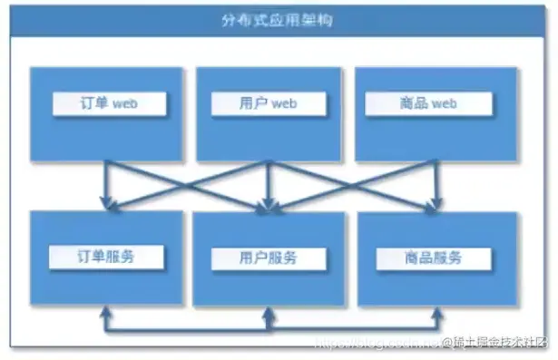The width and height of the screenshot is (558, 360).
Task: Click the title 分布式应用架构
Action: [x=278, y=20]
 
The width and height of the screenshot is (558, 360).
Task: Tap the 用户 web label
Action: [x=267, y=104]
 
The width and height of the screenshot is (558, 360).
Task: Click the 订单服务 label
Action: [x=108, y=257]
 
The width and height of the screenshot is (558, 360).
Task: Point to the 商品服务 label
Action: [x=423, y=258]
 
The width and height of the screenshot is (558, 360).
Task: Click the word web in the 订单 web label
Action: [x=126, y=104]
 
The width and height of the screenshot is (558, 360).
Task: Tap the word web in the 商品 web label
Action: [x=442, y=104]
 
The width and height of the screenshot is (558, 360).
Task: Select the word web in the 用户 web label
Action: [x=284, y=104]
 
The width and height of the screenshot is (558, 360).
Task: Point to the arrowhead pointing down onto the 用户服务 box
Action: [x=267, y=207]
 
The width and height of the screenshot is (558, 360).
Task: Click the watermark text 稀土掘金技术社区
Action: [x=501, y=343]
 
